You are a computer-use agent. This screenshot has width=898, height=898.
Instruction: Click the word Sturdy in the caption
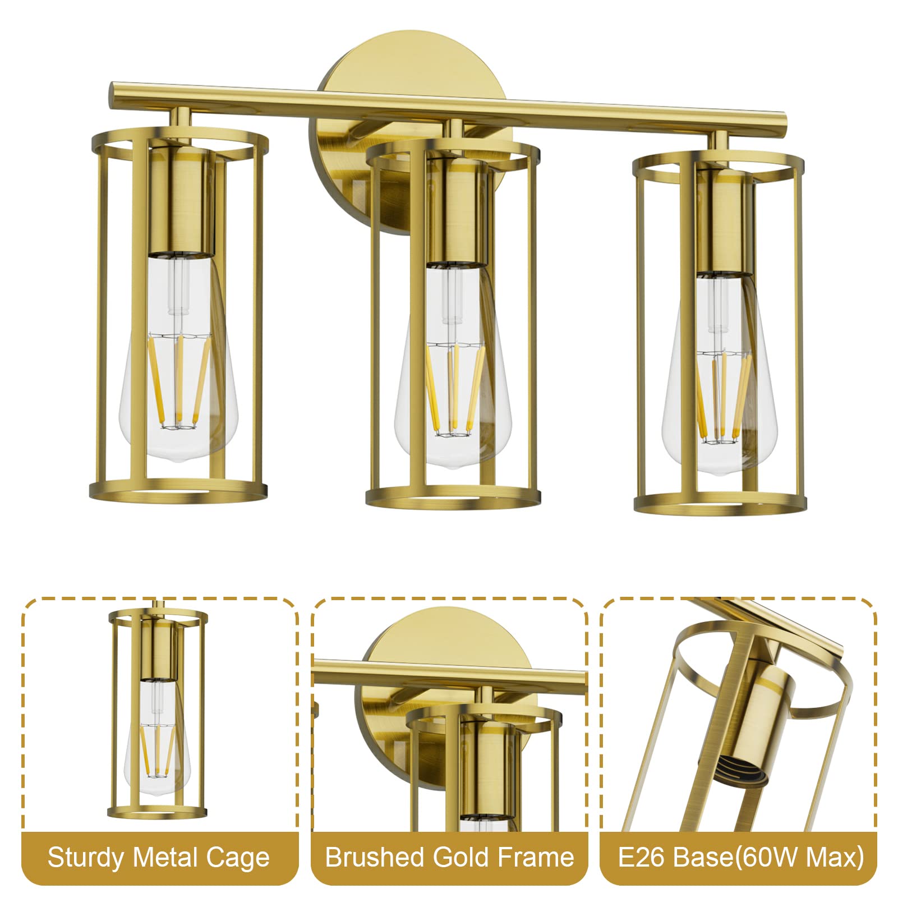tap(86, 858)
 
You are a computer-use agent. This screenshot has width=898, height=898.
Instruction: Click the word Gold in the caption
tap(459, 858)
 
